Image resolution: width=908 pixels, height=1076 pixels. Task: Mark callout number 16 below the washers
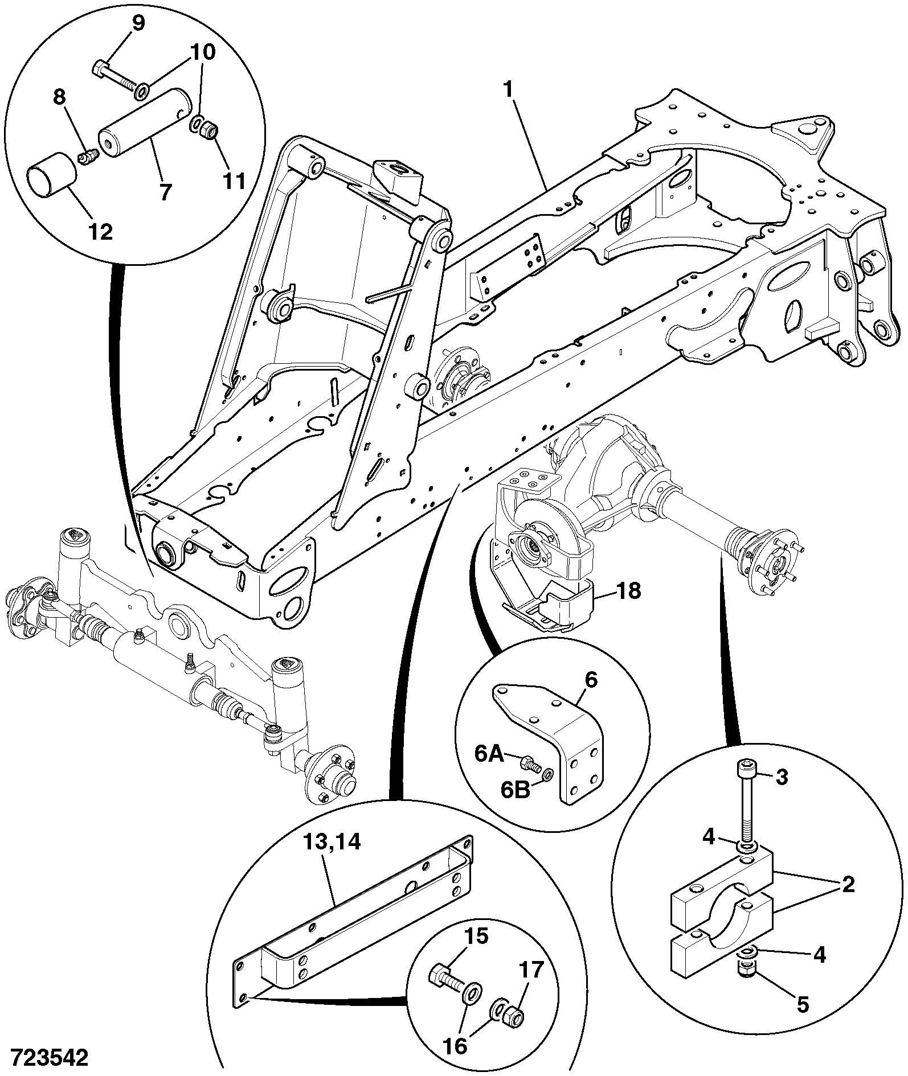pos(456,1046)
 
